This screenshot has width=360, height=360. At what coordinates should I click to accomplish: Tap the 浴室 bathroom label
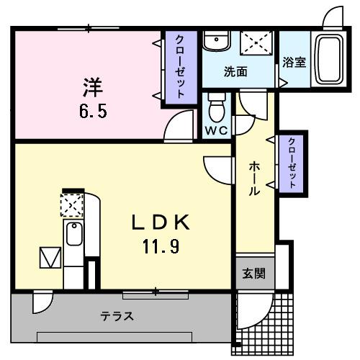coord(294,62)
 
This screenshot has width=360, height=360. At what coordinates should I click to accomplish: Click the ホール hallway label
coord(255,179)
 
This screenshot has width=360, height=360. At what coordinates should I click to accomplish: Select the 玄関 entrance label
coord(253,274)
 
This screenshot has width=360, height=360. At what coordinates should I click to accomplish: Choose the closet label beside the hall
coord(292,163)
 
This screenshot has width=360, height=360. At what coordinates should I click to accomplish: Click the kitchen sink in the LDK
coord(73,235)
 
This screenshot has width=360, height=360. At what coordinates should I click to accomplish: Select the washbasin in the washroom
coord(214,42)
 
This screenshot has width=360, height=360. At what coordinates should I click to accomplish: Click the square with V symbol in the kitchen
coord(51,257)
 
